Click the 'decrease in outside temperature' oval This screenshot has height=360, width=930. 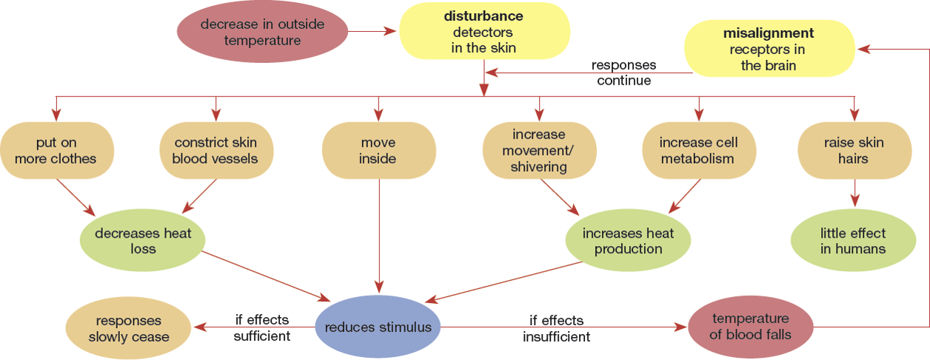pyautogui.click(x=262, y=33)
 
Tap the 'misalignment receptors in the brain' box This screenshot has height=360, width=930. pyautogui.click(x=769, y=49)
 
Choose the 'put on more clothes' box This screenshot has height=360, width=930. pyautogui.click(x=56, y=150)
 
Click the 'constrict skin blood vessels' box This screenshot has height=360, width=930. pyautogui.click(x=216, y=150)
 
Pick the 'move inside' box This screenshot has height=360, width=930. pyautogui.click(x=378, y=150)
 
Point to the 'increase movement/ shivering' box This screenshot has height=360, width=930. pyautogui.click(x=538, y=150)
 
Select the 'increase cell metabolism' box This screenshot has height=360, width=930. pyautogui.click(x=697, y=150)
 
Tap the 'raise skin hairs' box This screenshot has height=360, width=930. pyautogui.click(x=855, y=150)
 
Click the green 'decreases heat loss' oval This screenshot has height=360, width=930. pyautogui.click(x=143, y=241)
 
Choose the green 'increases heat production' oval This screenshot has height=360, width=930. pyautogui.click(x=628, y=241)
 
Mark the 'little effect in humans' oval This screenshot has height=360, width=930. pyautogui.click(x=853, y=241)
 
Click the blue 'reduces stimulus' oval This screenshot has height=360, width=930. pyautogui.click(x=378, y=327)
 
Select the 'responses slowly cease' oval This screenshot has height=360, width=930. pyautogui.click(x=129, y=329)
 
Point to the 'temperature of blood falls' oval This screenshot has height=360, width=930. pyautogui.click(x=751, y=327)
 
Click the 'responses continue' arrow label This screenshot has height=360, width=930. pyautogui.click(x=623, y=73)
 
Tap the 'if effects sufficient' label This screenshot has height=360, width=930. pyautogui.click(x=261, y=328)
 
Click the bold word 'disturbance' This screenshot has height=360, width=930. pyautogui.click(x=483, y=16)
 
